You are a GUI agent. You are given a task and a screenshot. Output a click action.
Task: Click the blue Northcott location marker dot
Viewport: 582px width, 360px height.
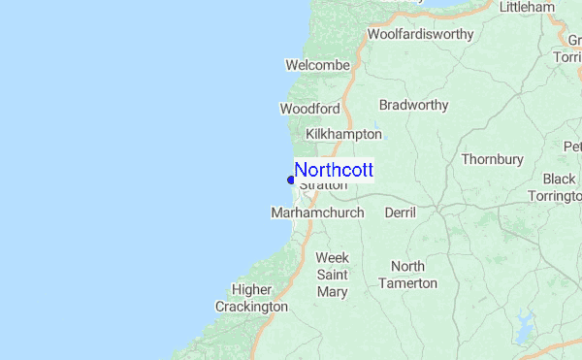[291, 179]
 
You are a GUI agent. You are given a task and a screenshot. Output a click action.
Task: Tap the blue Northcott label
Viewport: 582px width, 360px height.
[334, 170]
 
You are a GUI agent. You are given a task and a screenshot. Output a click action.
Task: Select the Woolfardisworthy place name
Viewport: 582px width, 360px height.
[420, 35]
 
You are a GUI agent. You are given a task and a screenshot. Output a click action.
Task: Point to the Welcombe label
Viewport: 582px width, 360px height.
[317, 65]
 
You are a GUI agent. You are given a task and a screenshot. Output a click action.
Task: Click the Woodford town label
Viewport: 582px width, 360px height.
[309, 109]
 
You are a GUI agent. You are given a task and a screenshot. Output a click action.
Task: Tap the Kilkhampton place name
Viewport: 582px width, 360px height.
[343, 134]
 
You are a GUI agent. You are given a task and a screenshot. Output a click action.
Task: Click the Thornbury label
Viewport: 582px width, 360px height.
[492, 159]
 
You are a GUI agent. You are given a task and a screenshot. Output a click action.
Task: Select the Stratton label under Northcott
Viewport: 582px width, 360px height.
[323, 184]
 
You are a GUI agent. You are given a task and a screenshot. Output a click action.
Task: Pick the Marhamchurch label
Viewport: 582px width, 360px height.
[318, 213]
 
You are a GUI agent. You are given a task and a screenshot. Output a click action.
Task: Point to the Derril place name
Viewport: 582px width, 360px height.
[400, 213]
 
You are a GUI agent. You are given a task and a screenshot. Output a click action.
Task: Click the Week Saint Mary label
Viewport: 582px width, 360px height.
[333, 275]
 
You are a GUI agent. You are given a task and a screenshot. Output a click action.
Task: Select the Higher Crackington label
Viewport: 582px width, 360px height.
[252, 298]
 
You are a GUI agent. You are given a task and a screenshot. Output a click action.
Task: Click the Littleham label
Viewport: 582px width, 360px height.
[527, 7]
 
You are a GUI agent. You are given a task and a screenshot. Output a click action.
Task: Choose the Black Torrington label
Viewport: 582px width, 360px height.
[561, 187]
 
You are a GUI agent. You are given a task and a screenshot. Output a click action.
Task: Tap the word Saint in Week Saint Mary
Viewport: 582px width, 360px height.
[333, 275]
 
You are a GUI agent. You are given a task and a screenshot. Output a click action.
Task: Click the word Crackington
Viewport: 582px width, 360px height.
[252, 307]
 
